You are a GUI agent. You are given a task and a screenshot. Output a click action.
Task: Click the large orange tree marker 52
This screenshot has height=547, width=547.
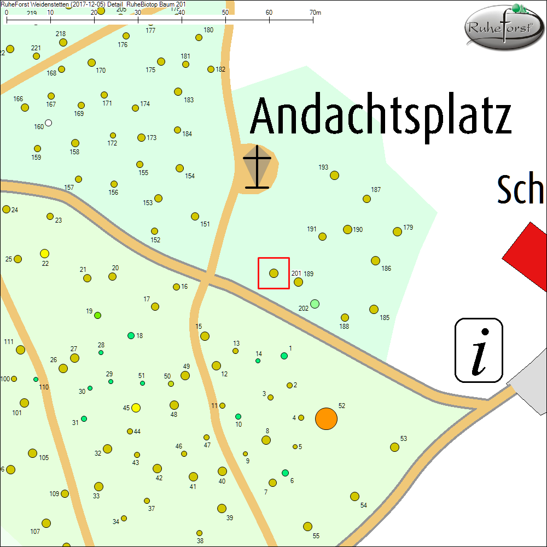point(327,419)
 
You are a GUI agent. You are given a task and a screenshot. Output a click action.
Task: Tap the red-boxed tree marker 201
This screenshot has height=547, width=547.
point(274,273)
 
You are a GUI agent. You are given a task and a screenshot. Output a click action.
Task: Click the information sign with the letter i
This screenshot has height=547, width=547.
point(479,350)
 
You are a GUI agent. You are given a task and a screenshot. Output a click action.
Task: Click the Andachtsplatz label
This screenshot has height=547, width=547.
point(381,117)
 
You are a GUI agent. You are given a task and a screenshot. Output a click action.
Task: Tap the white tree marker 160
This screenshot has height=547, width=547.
point(49,123)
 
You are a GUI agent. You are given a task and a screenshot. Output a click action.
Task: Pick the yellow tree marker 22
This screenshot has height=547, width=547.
point(45,253)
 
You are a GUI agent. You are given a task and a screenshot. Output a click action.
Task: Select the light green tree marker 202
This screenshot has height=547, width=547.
point(315,304)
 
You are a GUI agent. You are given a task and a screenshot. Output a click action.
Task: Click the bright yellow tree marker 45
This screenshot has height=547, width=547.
point(136,408)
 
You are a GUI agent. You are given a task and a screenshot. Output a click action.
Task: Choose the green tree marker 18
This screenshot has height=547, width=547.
point(131,335)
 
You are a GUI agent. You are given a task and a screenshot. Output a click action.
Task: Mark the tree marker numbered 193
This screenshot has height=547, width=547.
point(335,176)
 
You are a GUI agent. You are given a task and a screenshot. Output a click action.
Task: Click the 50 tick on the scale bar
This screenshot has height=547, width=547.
point(226,20)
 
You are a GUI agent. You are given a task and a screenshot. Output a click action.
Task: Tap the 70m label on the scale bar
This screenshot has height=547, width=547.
point(315,12)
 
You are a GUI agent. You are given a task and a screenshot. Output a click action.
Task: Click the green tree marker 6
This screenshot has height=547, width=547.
point(285,473)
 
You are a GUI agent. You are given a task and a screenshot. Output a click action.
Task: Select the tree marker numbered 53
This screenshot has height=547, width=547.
point(394,447)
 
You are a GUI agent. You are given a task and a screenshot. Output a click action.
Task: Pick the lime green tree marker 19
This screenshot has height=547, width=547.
point(98,315)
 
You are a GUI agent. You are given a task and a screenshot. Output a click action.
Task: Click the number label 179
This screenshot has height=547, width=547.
point(408,227)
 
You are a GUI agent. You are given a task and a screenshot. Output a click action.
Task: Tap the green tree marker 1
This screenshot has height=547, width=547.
point(284,356)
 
